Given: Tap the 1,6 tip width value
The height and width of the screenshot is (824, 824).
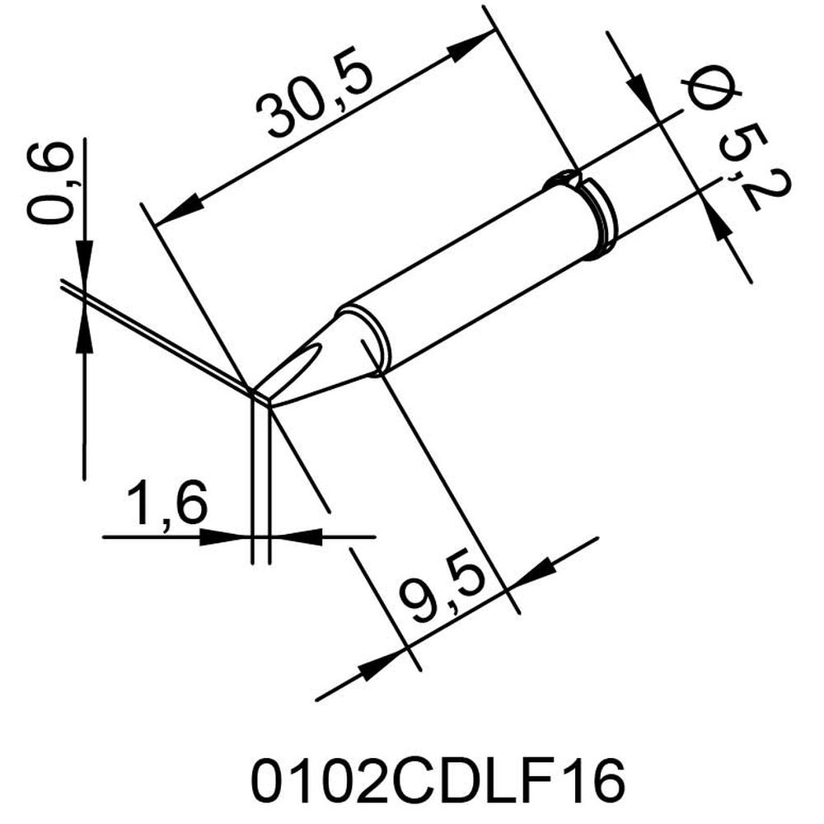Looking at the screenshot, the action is coord(165,503).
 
